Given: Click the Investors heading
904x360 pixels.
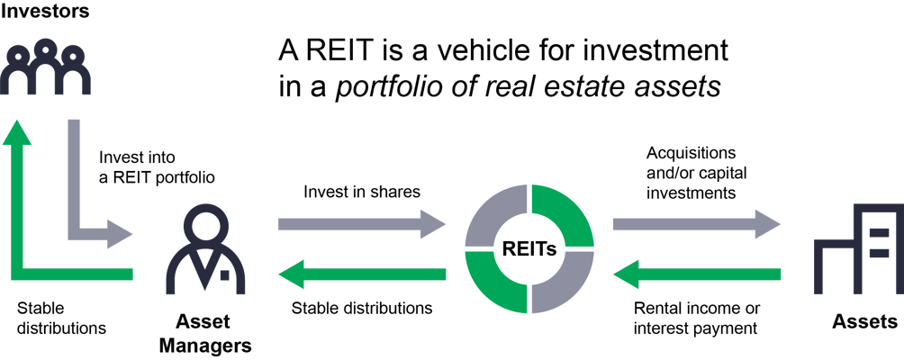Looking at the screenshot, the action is point(44,11).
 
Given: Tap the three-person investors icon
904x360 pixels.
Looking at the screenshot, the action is point(45,67).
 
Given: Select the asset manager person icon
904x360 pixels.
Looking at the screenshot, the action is point(206,250).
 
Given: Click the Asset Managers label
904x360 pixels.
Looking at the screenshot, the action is point(206,334).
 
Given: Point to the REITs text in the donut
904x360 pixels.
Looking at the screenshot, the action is point(529,249).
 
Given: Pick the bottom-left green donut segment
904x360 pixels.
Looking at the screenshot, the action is point(496,283).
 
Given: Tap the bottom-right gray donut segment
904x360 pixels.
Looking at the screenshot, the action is point(562,283).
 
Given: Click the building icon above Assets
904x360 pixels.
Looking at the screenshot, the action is point(858,248).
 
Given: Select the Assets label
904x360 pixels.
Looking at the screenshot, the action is point(864,321).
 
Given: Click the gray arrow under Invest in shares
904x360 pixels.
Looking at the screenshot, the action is point(361,224).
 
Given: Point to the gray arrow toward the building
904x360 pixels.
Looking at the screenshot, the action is point(696,224).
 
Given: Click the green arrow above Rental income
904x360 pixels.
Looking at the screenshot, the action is point(696,274).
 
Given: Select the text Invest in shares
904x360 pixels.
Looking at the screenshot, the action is point(362,192).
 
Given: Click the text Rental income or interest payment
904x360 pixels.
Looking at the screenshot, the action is point(697,319).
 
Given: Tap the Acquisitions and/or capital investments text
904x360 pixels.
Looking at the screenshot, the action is point(696,173).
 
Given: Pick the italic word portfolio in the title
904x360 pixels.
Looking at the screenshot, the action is point(384,87).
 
